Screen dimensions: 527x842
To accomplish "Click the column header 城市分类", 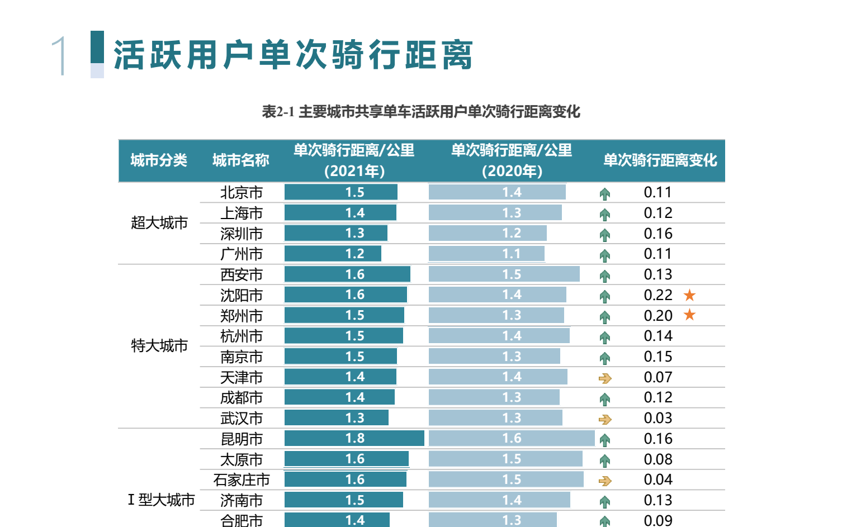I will click(x=159, y=160).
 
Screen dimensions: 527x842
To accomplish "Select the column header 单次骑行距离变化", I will click(x=660, y=160).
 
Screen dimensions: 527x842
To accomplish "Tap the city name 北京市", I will click(x=242, y=193).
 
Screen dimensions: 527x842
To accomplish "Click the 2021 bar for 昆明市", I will click(x=354, y=439).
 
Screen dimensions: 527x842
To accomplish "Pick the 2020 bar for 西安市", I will click(x=504, y=274).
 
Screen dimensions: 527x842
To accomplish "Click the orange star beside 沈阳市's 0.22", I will click(x=689, y=295).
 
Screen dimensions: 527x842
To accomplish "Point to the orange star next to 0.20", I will click(x=689, y=315).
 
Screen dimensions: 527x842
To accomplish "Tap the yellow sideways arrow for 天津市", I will click(x=605, y=378).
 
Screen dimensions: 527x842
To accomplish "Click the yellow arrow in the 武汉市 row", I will click(x=605, y=419).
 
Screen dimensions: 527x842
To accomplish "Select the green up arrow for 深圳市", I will click(x=604, y=235).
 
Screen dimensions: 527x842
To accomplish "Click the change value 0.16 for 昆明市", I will click(x=658, y=439).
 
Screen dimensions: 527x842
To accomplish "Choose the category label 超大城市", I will click(x=159, y=223).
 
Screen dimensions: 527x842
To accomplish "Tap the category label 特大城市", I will click(x=159, y=346).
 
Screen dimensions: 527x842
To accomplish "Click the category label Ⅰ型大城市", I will click(x=161, y=500).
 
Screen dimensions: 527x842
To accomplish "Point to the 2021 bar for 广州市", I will click(x=333, y=254).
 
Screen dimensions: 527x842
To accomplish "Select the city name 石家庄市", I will click(x=242, y=480).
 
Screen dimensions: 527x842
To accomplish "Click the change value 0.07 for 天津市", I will click(x=658, y=377).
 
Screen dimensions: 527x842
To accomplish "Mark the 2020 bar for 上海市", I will click(x=495, y=213).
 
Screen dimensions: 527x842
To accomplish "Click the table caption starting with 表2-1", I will click(x=421, y=112).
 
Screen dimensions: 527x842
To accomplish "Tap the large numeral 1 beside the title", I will click(x=60, y=55).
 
